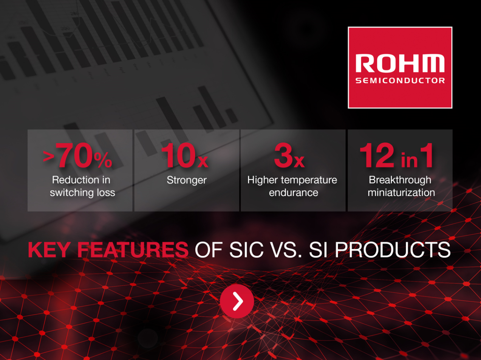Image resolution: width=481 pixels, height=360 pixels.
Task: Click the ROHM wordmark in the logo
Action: (400, 64)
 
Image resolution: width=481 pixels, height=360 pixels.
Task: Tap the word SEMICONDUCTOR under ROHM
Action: (400, 81)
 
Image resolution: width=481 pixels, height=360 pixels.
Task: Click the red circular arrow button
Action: (237, 301)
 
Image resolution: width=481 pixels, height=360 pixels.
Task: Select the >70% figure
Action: (78, 155)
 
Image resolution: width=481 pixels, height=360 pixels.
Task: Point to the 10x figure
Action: (184, 155)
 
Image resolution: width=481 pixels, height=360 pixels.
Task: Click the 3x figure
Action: (289, 155)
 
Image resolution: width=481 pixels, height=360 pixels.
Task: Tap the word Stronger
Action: (187, 180)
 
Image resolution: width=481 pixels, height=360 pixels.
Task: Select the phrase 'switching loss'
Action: (82, 193)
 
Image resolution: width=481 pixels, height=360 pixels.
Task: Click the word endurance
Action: (294, 193)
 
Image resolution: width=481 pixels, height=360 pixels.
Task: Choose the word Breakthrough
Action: (400, 180)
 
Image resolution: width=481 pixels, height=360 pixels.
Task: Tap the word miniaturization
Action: (401, 193)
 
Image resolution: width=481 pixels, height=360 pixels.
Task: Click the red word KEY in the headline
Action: (49, 250)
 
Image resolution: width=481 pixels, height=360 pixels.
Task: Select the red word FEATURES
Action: (133, 250)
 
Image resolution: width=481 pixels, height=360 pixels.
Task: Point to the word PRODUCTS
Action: (393, 250)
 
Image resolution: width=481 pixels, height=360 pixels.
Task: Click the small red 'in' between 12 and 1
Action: (409, 160)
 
